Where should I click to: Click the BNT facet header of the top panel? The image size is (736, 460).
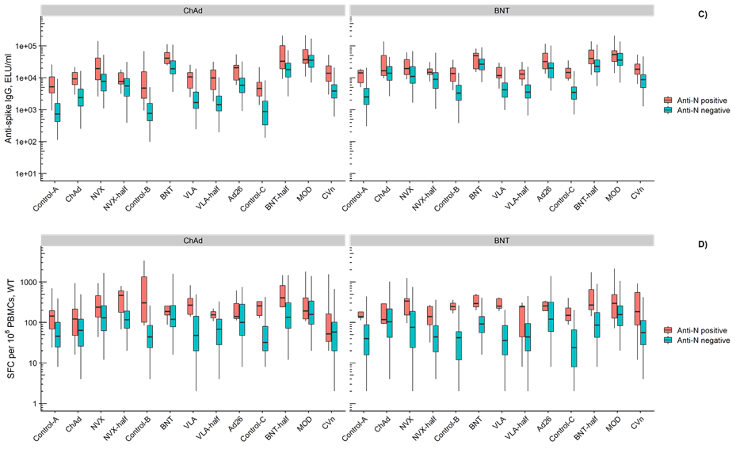coord(501,10)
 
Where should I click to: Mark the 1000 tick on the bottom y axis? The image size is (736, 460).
coord(29,283)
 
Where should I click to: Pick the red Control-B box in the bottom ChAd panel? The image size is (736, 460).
coord(144,299)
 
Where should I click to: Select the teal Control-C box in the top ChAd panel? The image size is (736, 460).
coord(265,112)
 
